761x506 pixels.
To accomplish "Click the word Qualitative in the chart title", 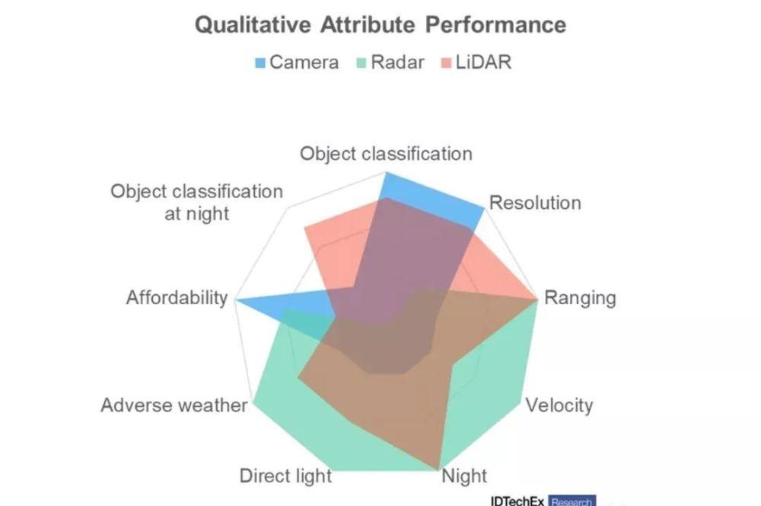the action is [x=253, y=25].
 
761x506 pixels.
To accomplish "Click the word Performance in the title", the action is [x=496, y=24].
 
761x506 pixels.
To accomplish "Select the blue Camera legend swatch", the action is [x=260, y=62].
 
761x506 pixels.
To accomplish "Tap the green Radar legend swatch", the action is [x=361, y=62].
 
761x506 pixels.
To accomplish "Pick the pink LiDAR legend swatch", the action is [x=446, y=62].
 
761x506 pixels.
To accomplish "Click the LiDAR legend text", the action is [x=483, y=62].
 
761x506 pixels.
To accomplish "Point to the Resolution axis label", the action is [x=535, y=203].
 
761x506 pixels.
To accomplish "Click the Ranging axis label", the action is [x=580, y=298].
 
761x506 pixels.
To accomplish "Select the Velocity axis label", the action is [x=559, y=405].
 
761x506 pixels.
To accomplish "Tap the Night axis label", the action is [x=464, y=476].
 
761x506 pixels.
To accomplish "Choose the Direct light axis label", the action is [x=285, y=476].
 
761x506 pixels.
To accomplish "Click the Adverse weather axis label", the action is [x=174, y=405].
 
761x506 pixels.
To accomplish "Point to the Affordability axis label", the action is [x=177, y=297].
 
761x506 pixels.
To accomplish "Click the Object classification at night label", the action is [x=196, y=202].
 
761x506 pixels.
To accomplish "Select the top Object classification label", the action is [x=386, y=154].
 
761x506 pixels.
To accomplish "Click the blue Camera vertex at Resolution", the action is [x=484, y=209].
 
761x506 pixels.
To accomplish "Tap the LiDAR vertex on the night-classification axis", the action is [x=305, y=226].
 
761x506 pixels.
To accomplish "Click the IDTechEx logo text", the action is [x=517, y=501].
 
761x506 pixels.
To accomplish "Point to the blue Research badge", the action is [x=572, y=501].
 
